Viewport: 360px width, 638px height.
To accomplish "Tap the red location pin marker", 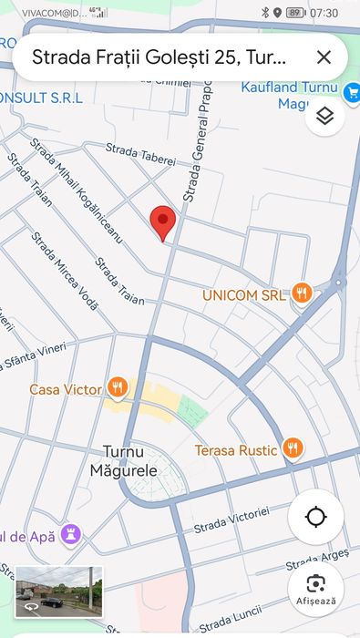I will (162, 221).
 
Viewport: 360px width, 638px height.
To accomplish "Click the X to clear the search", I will (324, 57).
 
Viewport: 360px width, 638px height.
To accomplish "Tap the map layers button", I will (324, 116).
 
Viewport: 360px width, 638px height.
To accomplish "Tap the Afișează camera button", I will (315, 588).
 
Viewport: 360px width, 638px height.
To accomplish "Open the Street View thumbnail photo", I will (59, 592).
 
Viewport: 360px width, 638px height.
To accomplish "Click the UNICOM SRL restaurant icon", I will (303, 293).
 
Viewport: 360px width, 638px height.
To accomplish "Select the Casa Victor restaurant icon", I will (117, 388).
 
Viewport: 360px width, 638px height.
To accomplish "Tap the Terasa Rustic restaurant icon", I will (292, 448).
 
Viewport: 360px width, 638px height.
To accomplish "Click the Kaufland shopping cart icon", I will (352, 91).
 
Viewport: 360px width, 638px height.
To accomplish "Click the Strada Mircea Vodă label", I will (64, 271).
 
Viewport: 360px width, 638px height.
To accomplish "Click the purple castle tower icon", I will (71, 533).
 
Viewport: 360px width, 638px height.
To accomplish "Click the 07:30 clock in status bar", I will (324, 13).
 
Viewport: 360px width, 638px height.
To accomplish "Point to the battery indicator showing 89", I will (294, 13).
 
